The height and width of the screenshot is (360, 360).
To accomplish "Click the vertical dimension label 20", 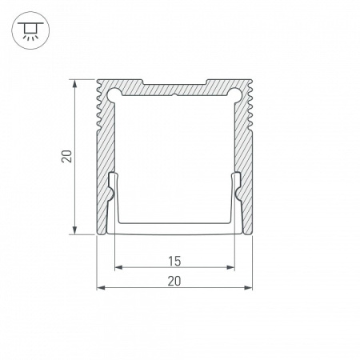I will (x=66, y=157).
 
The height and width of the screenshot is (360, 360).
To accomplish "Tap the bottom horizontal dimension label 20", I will (x=174, y=279).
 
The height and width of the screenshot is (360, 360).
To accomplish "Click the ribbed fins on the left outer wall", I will (x=99, y=112).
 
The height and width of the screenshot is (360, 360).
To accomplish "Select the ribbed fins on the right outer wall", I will (x=250, y=112).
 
